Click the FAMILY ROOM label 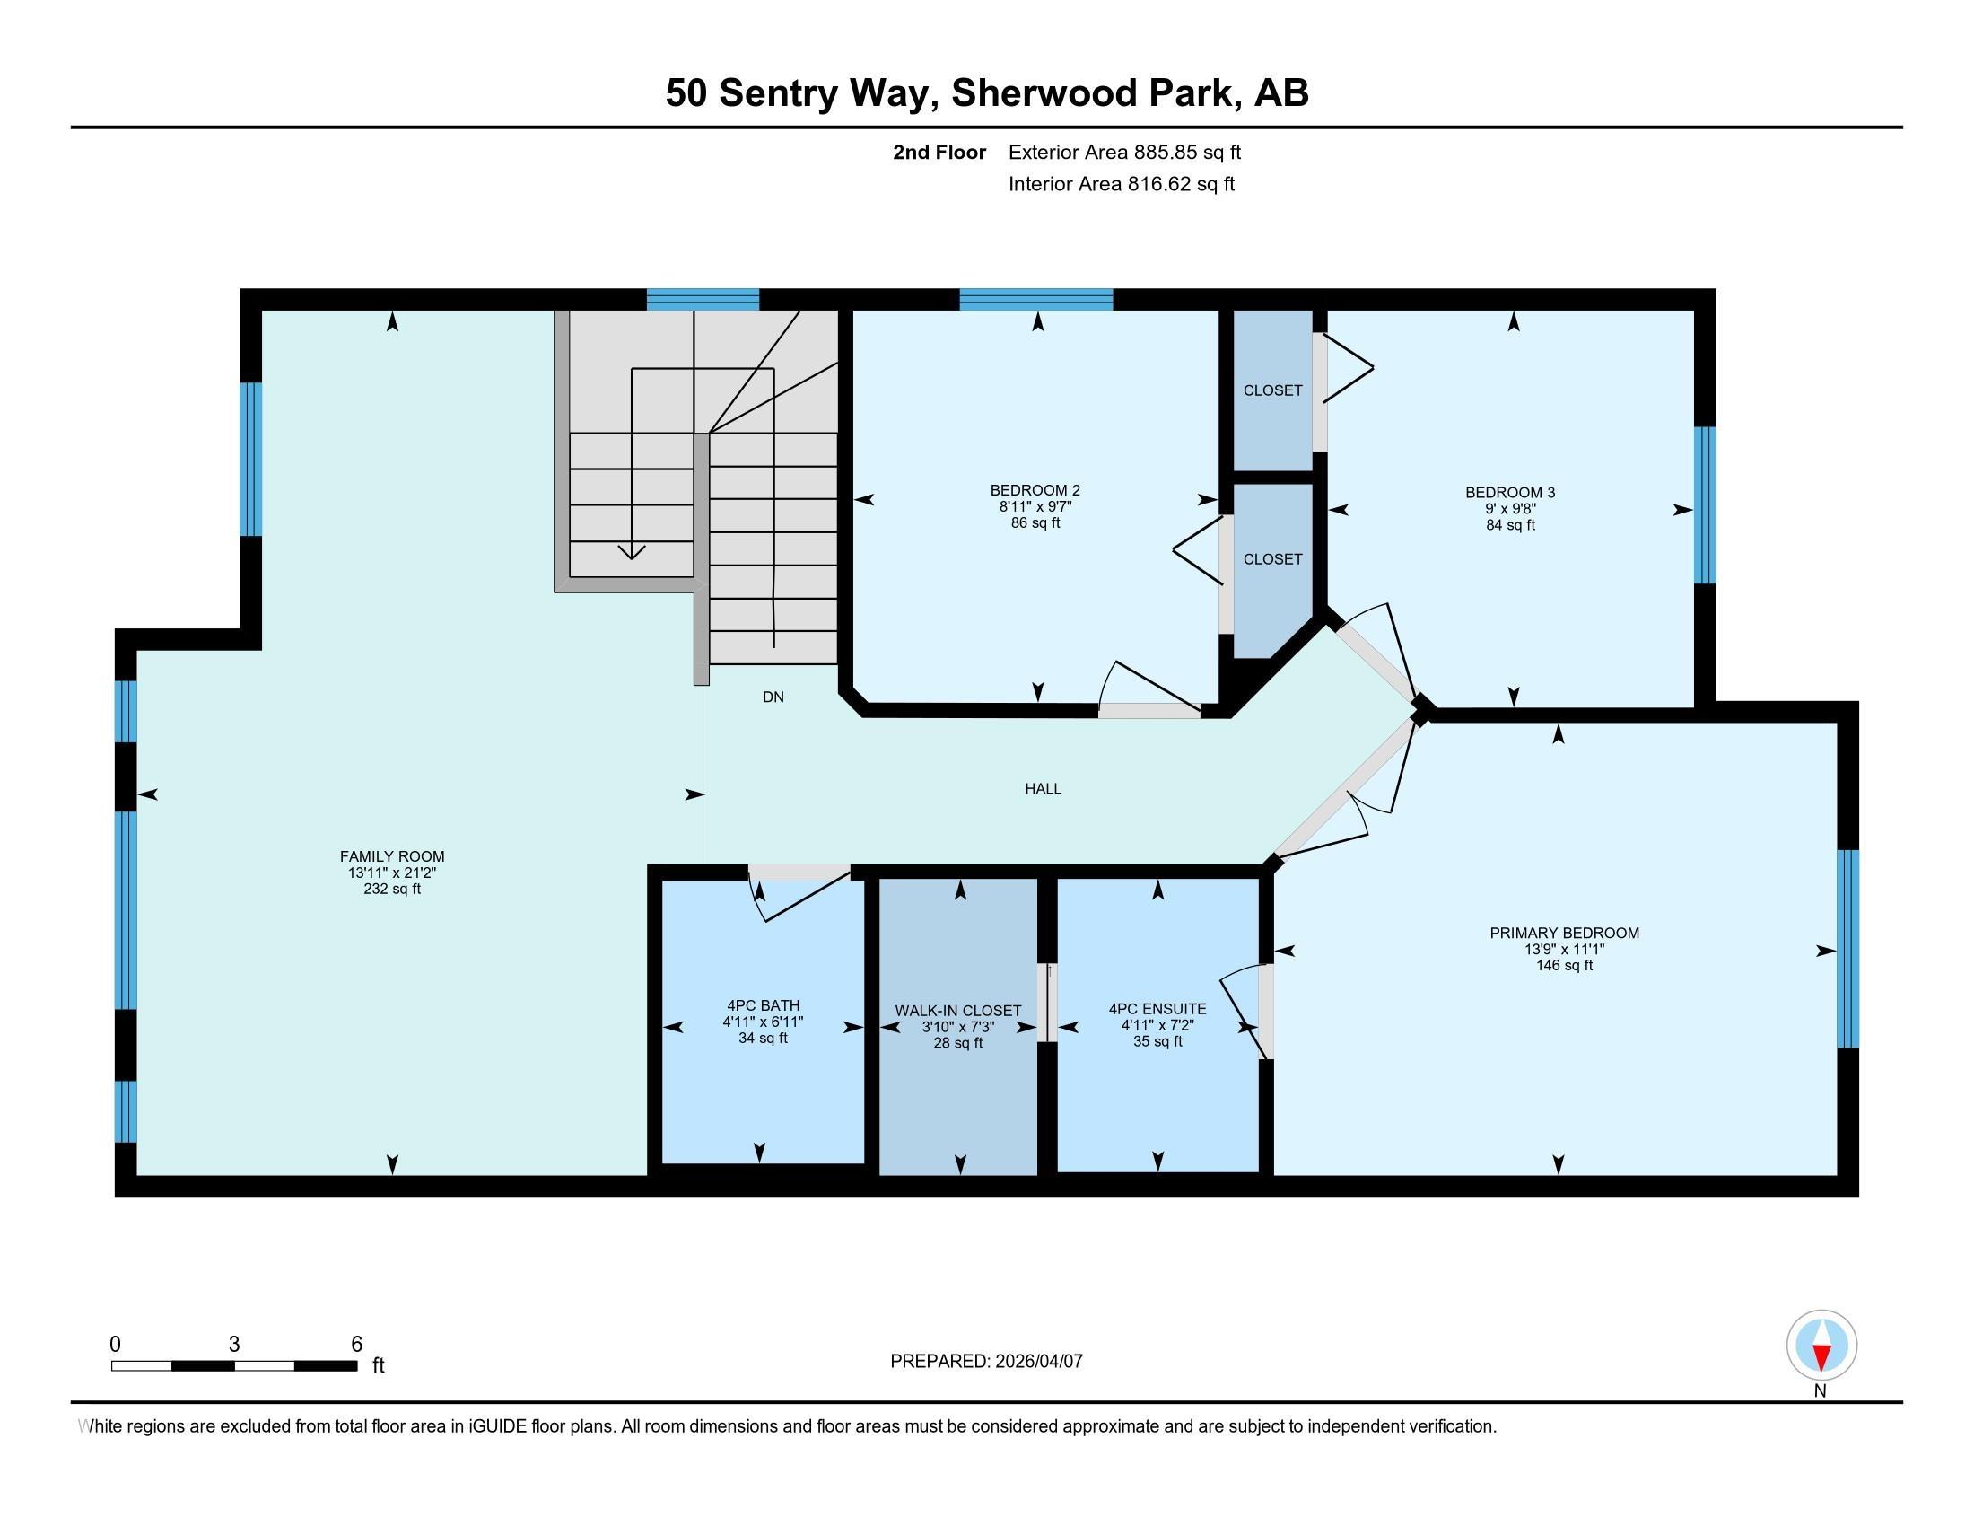(392, 856)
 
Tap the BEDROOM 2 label (1035, 490)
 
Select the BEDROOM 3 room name (1510, 493)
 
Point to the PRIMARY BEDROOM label (1565, 933)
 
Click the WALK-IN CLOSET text (958, 1011)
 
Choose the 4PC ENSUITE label (1157, 1009)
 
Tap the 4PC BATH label (763, 1005)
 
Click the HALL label (1043, 789)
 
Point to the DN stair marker (773, 697)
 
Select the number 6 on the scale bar (356, 1345)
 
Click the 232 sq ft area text (392, 889)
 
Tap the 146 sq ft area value (1565, 966)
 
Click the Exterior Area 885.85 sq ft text (1124, 152)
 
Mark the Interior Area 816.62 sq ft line (1122, 184)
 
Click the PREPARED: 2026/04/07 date (986, 1362)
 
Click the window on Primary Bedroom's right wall (1848, 948)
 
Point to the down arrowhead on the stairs (631, 551)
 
